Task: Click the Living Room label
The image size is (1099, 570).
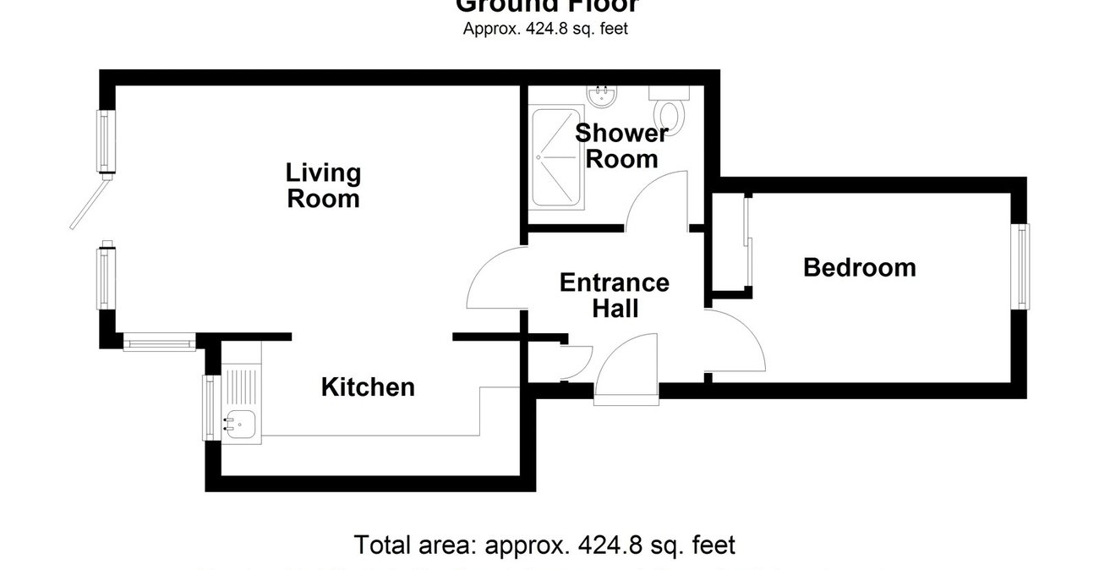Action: tap(323, 186)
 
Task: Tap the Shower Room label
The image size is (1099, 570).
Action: tap(621, 146)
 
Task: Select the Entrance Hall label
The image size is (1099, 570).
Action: tap(615, 295)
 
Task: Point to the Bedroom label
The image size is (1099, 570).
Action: tap(859, 268)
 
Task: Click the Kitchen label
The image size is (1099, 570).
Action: tap(368, 387)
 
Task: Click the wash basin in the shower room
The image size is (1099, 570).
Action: tap(603, 96)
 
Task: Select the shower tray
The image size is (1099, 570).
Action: tap(556, 157)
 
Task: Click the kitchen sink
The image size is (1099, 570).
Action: tap(241, 420)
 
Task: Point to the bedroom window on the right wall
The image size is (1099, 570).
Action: tap(1024, 266)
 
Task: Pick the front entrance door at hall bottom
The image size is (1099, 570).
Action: tap(626, 370)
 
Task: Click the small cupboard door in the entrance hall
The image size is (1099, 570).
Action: tap(577, 361)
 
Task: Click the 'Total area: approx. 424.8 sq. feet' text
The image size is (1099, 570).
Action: tap(544, 545)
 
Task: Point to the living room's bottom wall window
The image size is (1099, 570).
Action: tap(159, 343)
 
